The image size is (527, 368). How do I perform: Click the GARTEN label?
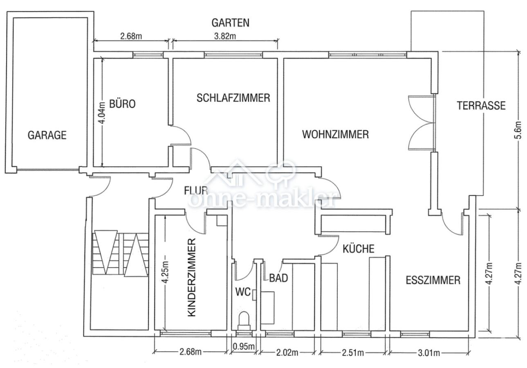pos(230,23)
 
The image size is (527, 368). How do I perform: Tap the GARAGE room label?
pos(47,135)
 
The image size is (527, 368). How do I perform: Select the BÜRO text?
pos(122,104)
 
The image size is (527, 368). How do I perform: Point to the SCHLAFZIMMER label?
pos(233,98)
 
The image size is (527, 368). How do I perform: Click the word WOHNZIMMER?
pos(336,134)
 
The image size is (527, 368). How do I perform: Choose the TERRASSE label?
pos(481,105)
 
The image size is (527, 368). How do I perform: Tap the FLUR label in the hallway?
pos(196,191)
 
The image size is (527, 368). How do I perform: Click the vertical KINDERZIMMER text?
pos(193,278)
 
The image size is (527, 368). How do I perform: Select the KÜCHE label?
pos(358,249)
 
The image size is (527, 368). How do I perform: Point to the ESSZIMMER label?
pos(433,280)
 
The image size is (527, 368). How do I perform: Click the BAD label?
pos(278,278)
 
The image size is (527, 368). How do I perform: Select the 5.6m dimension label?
pos(518,130)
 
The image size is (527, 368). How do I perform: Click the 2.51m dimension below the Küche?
pos(352,352)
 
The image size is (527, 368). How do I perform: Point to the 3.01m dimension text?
pos(428,352)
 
